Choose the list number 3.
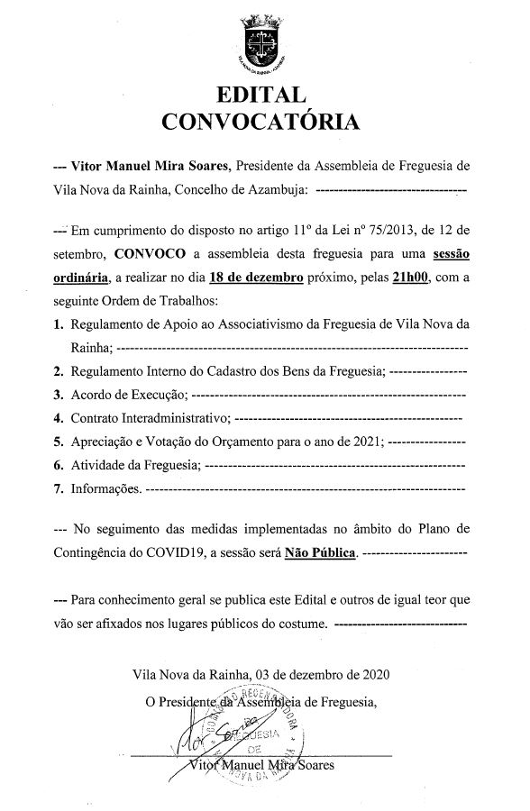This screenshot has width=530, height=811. [x=58, y=395]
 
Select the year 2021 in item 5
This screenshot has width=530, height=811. [x=366, y=442]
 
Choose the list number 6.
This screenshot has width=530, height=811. [x=58, y=465]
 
